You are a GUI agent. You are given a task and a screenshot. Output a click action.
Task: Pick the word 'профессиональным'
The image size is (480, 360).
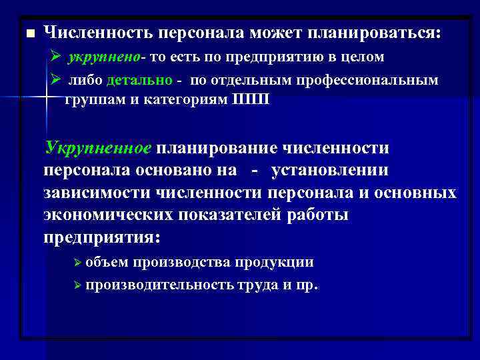[374, 81]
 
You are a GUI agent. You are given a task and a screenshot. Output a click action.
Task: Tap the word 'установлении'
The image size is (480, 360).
[329, 170]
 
